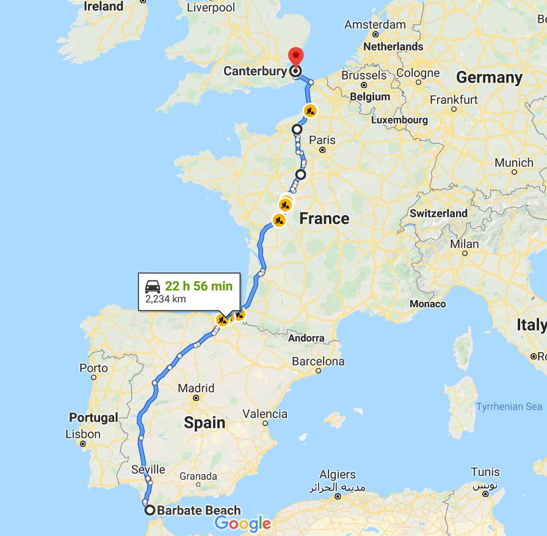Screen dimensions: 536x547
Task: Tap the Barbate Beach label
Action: click(x=198, y=511)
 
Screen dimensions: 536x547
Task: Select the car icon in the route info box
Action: click(x=153, y=286)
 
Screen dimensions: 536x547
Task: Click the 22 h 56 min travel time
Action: click(x=198, y=286)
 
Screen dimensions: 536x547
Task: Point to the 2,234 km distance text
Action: click(x=165, y=299)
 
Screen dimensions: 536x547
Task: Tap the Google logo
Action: click(x=242, y=524)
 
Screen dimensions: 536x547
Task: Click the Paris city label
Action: click(x=322, y=140)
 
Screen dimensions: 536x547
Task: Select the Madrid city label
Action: click(x=196, y=388)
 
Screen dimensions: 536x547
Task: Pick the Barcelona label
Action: click(x=317, y=361)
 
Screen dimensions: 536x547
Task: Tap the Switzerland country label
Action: click(x=438, y=213)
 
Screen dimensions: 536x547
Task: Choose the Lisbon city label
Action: click(x=82, y=434)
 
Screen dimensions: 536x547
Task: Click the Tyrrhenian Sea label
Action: click(x=509, y=406)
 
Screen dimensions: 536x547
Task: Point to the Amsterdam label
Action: click(x=375, y=24)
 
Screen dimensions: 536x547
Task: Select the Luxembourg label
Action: click(x=399, y=120)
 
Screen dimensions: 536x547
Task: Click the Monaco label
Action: click(x=427, y=304)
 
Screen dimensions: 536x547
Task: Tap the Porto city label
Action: click(x=93, y=368)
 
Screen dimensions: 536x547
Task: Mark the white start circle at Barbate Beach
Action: click(x=150, y=510)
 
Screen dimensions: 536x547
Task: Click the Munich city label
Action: click(x=513, y=163)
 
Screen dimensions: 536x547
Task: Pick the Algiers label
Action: click(x=337, y=474)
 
